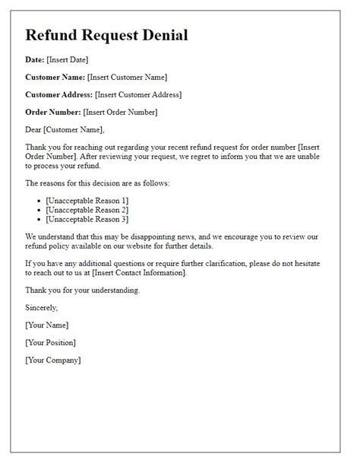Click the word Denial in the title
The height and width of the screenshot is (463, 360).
(159, 35)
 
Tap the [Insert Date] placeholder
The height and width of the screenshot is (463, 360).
(69, 59)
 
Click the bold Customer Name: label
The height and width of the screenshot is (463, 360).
(55, 77)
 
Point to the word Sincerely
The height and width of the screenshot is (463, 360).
(41, 307)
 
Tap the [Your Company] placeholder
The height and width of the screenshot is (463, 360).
(53, 360)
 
